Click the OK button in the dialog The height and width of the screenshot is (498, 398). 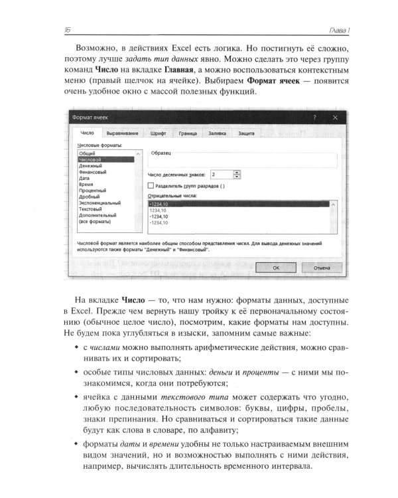click(x=275, y=267)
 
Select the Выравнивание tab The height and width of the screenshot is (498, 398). click(x=122, y=134)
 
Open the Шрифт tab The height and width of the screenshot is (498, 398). click(x=157, y=134)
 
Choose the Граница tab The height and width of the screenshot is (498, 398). click(x=188, y=134)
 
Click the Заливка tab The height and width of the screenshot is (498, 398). click(x=218, y=134)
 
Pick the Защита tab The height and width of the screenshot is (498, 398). click(x=247, y=134)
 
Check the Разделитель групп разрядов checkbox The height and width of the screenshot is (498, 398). click(x=151, y=186)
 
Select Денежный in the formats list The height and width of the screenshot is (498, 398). click(x=90, y=165)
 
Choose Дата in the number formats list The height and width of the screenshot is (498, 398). click(x=84, y=178)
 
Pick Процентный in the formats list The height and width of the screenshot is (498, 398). click(x=93, y=190)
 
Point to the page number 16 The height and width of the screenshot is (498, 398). click(x=68, y=29)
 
